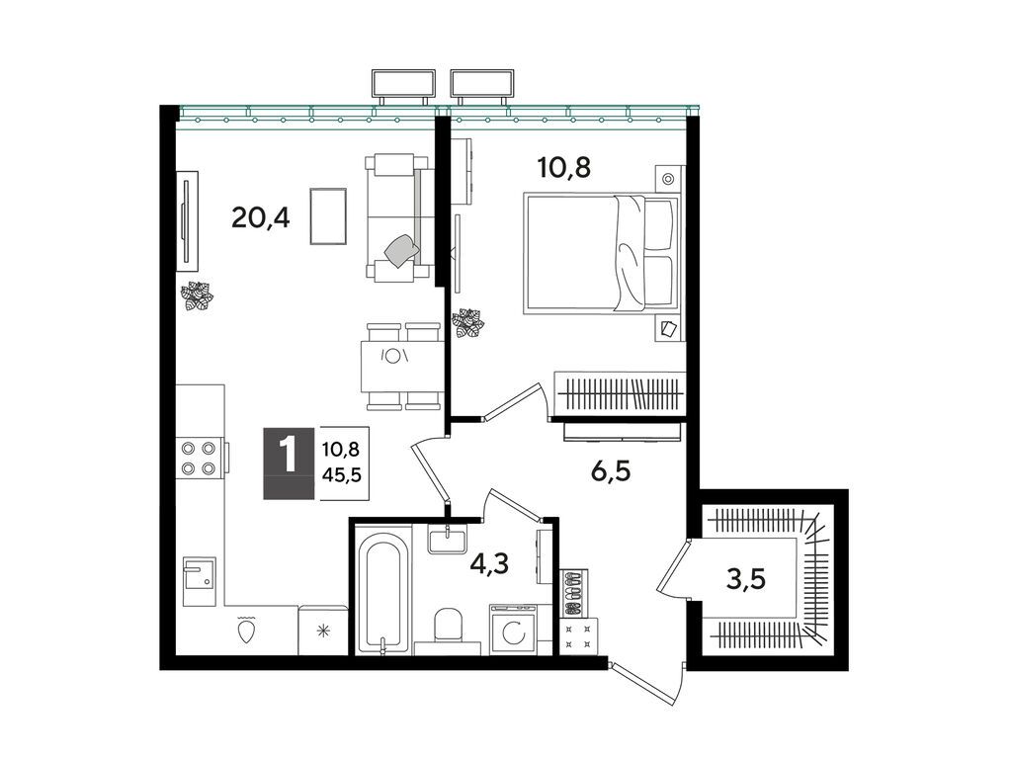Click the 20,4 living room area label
(261, 218)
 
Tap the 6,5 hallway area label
(610, 471)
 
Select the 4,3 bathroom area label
(489, 563)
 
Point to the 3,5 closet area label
(745, 579)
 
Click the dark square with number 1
(290, 463)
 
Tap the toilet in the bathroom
(449, 625)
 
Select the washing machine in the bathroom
(514, 630)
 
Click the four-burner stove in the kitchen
(200, 459)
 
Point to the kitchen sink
(200, 581)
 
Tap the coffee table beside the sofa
(328, 216)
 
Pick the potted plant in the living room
(197, 296)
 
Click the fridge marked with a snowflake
(323, 630)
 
